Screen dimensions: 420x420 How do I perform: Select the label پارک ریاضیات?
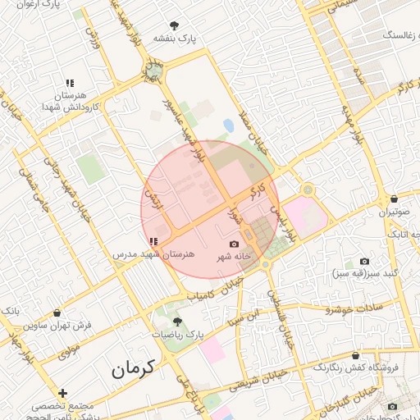pyautogui.click(x=177, y=336)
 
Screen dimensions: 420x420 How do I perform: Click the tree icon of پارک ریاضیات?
pyautogui.click(x=176, y=322)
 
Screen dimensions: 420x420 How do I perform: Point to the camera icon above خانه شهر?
pyautogui.click(x=234, y=244)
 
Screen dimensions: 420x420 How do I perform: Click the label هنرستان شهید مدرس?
pyautogui.click(x=153, y=255)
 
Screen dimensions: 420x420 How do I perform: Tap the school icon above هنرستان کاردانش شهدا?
pyautogui.click(x=71, y=84)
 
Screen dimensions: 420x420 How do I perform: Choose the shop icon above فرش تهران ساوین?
pyautogui.click(x=57, y=313)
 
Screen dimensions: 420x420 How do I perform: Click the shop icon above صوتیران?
pyautogui.click(x=394, y=199)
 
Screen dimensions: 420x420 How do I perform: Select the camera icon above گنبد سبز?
pyautogui.click(x=363, y=261)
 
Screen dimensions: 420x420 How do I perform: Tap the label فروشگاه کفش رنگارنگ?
pyautogui.click(x=356, y=367)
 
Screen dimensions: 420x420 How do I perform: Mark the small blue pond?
pyautogui.click(x=228, y=125)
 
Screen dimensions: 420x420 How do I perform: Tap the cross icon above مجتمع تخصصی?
pyautogui.click(x=62, y=394)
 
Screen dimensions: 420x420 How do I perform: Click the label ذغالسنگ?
pyautogui.click(x=393, y=37)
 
